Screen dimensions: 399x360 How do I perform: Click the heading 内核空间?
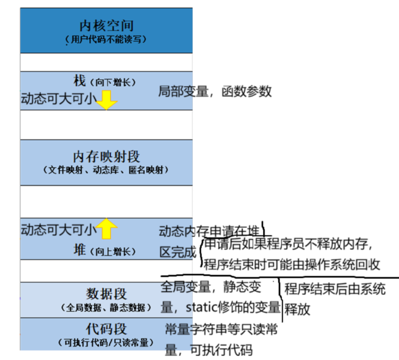click(106, 25)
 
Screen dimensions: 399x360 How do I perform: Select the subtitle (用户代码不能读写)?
click(106, 39)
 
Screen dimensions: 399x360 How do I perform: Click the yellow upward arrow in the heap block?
click(107, 228)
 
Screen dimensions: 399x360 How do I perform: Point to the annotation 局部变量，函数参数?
click(215, 91)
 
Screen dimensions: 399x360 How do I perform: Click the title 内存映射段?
click(106, 157)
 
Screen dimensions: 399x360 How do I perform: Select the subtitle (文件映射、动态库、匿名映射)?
click(106, 170)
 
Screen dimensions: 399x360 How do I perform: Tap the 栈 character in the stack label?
click(80, 81)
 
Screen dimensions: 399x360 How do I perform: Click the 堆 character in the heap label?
click(80, 250)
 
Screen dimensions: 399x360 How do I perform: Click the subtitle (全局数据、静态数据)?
click(106, 307)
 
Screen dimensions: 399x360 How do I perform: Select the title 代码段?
click(106, 329)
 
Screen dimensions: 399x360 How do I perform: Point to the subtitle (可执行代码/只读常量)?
click(106, 343)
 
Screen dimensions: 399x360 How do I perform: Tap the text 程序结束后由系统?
click(335, 289)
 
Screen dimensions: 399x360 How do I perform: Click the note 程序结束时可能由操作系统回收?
click(292, 264)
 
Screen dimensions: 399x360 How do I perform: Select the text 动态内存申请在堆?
click(209, 232)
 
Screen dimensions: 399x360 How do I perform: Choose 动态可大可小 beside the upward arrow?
click(58, 230)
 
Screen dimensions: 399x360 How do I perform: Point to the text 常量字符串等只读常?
click(221, 330)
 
